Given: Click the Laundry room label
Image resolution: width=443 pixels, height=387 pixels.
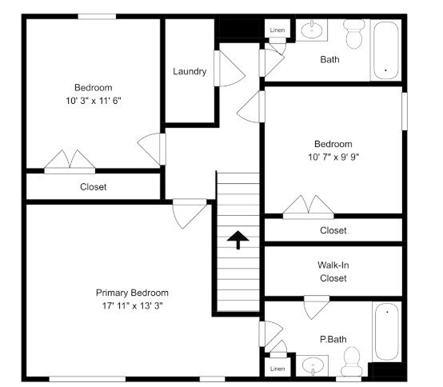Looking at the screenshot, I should (x=190, y=71).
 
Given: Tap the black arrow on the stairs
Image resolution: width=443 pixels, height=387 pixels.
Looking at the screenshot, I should (x=238, y=240).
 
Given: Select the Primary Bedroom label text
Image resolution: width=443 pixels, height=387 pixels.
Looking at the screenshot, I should (x=132, y=293).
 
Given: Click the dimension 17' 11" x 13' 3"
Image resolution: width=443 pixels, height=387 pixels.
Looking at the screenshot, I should (x=132, y=305).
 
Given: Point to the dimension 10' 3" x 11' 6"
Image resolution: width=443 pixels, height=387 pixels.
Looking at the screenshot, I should (x=94, y=101).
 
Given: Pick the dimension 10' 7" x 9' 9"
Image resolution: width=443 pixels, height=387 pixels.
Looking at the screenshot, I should (x=333, y=157).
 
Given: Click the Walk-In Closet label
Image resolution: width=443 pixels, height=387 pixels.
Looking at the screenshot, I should (x=333, y=271).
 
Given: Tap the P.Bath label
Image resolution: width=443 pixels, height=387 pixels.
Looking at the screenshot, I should (x=333, y=339).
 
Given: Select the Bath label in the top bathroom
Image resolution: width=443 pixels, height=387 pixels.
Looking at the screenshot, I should (x=329, y=59).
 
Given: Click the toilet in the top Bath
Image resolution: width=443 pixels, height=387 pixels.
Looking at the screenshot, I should (x=353, y=34).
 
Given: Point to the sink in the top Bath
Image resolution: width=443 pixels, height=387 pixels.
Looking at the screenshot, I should (x=313, y=31).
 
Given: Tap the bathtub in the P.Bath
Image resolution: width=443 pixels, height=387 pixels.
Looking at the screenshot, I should (x=386, y=331).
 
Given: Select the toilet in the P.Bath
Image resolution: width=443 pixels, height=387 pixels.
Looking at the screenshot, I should (x=350, y=365).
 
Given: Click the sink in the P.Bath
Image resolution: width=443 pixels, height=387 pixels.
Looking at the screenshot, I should (x=313, y=366).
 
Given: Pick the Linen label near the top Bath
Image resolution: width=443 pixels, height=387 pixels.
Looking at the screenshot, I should (x=277, y=30).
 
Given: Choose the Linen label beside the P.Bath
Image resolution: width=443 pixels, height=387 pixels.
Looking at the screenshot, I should (x=277, y=369).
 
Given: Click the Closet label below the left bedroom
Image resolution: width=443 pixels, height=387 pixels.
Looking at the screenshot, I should (x=94, y=187).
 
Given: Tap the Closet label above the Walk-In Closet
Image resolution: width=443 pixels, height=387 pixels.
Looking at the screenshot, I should (x=333, y=230).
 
